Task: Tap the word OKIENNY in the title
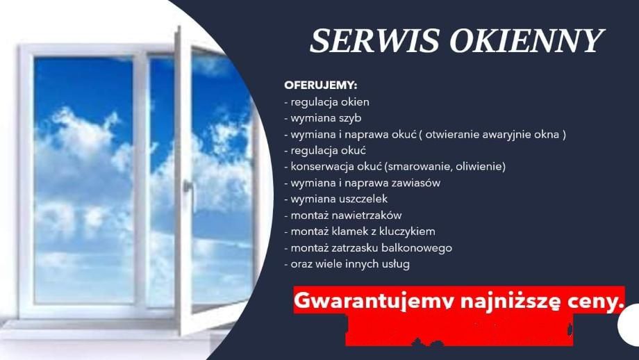525,42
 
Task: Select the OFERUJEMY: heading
320,85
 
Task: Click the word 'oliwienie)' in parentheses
481,167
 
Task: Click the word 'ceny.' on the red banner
593,300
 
